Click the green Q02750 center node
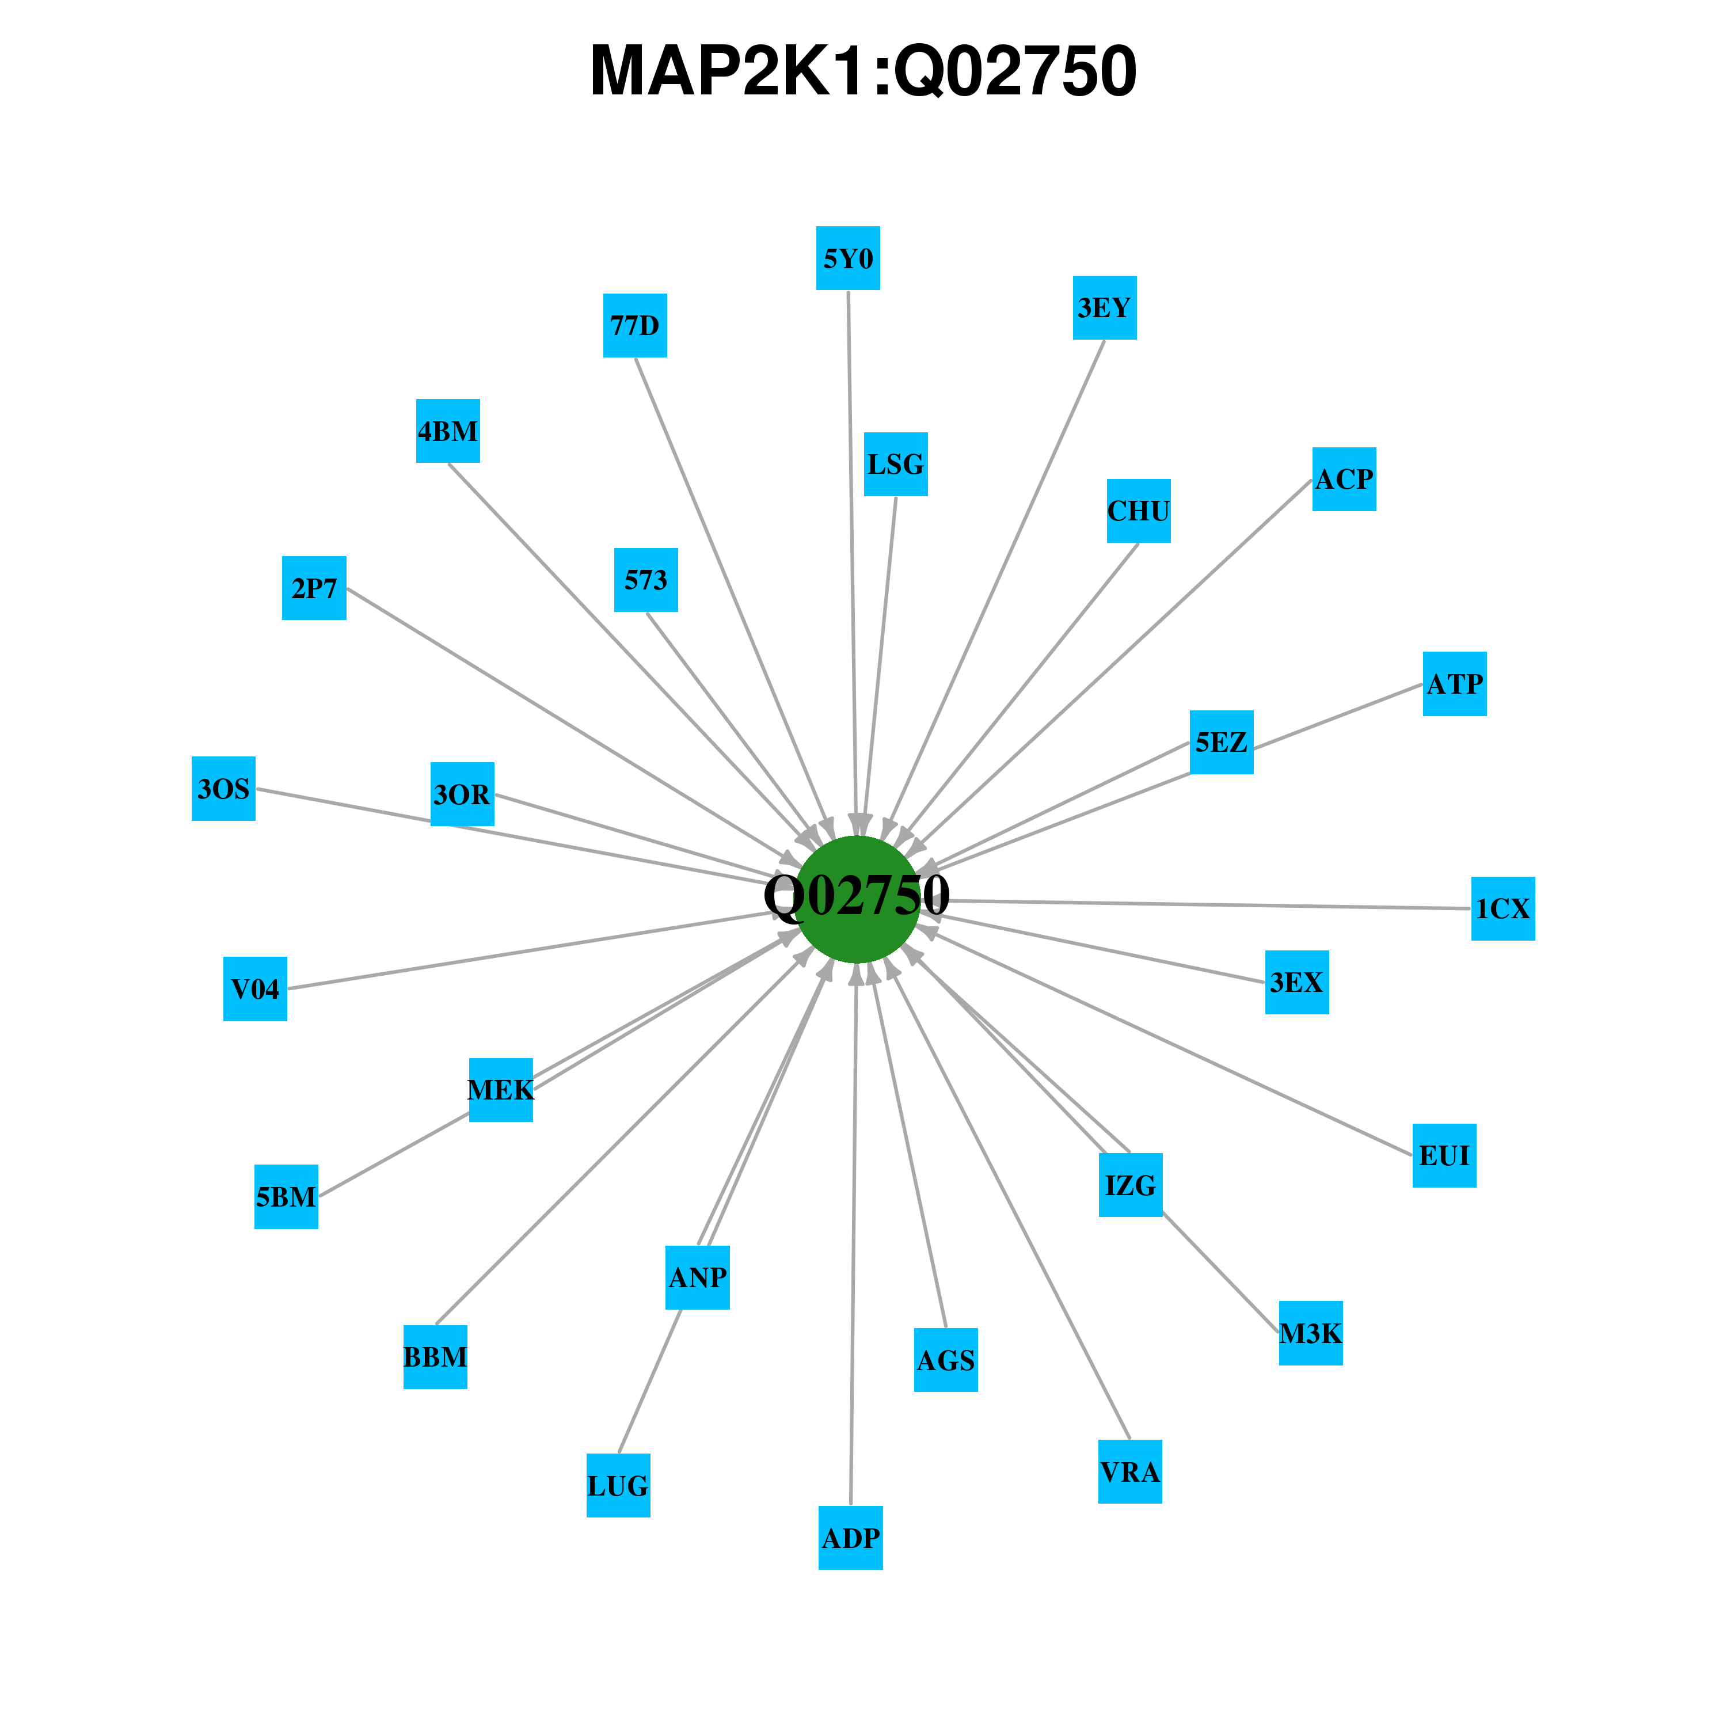(x=857, y=899)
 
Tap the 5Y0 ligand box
(x=849, y=258)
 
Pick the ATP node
(x=1455, y=684)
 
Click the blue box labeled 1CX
(x=1504, y=909)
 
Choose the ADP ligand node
(x=851, y=1538)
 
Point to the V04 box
(x=256, y=988)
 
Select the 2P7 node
(x=315, y=588)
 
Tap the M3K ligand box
(x=1311, y=1334)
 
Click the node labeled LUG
(x=619, y=1486)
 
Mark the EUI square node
(x=1444, y=1156)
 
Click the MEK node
(x=501, y=1090)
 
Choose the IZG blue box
(x=1131, y=1185)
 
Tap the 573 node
(x=646, y=580)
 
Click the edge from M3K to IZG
(x=1221, y=1273)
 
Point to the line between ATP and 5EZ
(x=1338, y=717)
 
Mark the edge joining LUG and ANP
(x=650, y=1381)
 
